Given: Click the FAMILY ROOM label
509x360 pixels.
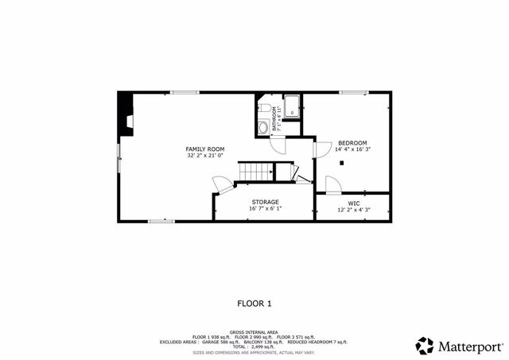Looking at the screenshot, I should click(205, 149).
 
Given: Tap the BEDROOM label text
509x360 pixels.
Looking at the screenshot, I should click(352, 142).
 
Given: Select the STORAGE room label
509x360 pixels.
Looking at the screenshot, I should click(266, 202).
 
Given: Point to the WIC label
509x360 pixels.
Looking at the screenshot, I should click(354, 203).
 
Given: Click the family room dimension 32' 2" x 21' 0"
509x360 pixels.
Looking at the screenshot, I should click(205, 156).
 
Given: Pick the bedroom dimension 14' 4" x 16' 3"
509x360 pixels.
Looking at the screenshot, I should click(352, 149).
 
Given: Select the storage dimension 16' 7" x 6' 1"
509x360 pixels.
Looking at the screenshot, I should click(266, 209).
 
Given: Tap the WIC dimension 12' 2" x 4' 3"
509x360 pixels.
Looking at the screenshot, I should click(354, 210).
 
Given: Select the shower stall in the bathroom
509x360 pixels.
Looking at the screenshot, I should click(292, 107).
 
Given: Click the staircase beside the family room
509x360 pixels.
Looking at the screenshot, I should click(258, 171).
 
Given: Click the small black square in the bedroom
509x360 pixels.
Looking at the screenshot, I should click(341, 163).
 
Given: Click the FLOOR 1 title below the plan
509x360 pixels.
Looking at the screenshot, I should click(254, 303).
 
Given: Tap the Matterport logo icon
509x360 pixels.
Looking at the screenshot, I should click(425, 346).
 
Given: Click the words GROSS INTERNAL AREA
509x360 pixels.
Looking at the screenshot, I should click(254, 331).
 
